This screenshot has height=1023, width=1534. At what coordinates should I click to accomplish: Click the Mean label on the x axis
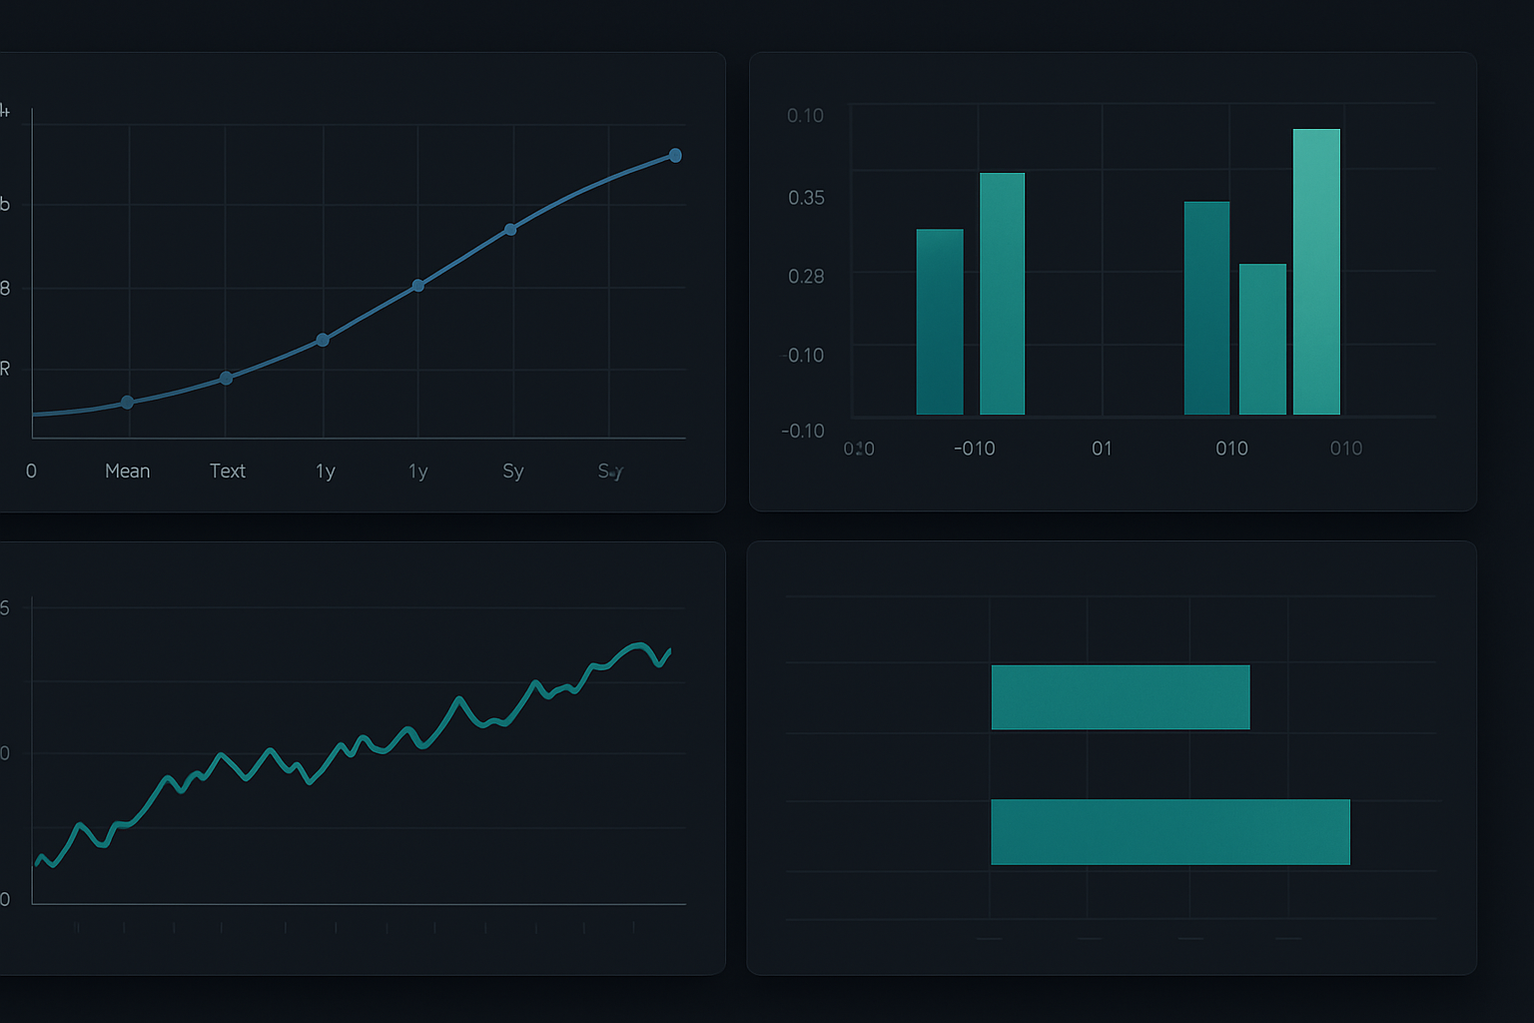click(128, 471)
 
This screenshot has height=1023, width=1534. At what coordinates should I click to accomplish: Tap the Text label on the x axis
click(227, 471)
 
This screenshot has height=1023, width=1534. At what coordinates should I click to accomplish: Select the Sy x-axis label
click(512, 471)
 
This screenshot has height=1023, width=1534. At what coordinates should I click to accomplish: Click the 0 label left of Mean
click(31, 471)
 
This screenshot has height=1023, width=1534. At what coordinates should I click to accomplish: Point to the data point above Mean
click(127, 403)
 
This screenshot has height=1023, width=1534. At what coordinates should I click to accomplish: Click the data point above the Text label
click(226, 378)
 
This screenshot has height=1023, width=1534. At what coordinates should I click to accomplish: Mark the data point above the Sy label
click(510, 230)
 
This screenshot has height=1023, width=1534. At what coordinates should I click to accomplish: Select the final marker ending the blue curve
click(675, 155)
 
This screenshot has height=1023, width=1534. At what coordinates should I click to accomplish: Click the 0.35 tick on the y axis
click(806, 198)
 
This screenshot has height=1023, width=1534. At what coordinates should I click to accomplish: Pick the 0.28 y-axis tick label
click(806, 276)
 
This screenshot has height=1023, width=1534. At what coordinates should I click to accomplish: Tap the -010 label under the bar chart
click(974, 449)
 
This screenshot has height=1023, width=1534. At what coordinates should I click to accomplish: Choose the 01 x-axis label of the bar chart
click(1102, 449)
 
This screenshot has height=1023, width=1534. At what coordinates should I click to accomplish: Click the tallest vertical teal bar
click(1316, 272)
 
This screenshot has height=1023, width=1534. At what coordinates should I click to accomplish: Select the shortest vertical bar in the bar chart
click(1262, 339)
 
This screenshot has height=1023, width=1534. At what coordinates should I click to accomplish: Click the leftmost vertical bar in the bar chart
click(940, 322)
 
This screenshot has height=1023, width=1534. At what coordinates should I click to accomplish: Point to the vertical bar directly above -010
click(1002, 294)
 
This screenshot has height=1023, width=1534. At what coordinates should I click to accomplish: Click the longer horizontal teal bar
click(1169, 831)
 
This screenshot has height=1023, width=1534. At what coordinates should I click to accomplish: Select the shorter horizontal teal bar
click(1120, 696)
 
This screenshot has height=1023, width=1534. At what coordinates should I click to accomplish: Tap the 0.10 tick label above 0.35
click(805, 116)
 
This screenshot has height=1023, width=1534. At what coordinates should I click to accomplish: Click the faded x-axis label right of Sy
click(610, 471)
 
